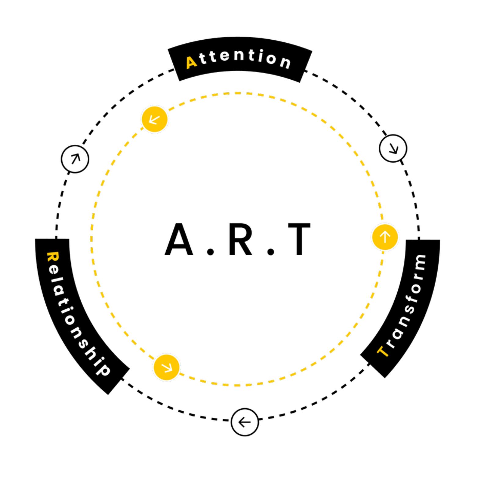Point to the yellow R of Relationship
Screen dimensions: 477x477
tap(52, 257)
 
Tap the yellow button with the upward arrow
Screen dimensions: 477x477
tap(385, 237)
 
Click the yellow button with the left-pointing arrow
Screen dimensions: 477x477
tap(154, 119)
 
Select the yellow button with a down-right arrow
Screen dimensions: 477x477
tap(167, 367)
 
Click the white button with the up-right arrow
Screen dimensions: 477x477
tap(75, 159)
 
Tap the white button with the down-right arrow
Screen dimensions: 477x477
tap(393, 148)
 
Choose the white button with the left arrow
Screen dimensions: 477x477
tap(245, 422)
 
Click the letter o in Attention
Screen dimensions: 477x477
tap(271, 58)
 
